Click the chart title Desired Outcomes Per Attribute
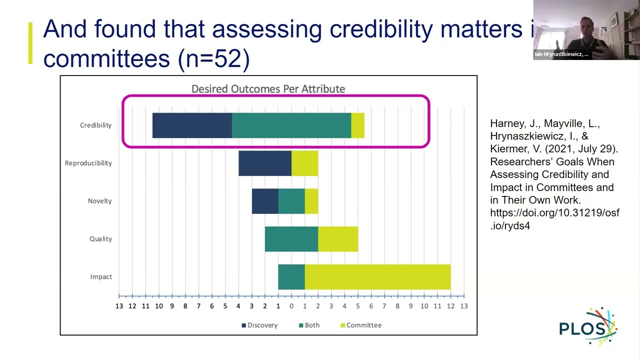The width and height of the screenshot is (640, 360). pos(268,89)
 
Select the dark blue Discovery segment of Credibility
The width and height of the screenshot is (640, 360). pos(192,125)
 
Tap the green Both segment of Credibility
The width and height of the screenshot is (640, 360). pos(291,125)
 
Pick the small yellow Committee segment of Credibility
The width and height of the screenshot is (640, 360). pos(358,125)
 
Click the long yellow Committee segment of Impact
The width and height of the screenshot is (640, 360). pos(377,277)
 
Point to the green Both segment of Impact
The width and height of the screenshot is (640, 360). pos(291,277)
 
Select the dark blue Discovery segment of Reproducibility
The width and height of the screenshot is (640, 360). pos(265,163)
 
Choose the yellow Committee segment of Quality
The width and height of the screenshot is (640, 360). pos(338,239)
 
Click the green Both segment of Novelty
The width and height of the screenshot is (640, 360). pos(291,201)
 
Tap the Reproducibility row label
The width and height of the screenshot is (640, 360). pos(88,163)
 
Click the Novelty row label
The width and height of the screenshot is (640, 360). pos(99,201)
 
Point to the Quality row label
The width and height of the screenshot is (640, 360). pos(100,239)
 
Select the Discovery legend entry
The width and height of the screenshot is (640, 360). pos(259,325)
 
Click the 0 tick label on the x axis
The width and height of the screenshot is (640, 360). pos(291,306)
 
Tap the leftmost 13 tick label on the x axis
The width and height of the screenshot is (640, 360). pos(119,306)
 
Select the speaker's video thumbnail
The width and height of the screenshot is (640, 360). pos(586,30)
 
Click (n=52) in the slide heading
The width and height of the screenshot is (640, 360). pos(213,58)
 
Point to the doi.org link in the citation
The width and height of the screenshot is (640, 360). pos(554,219)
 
